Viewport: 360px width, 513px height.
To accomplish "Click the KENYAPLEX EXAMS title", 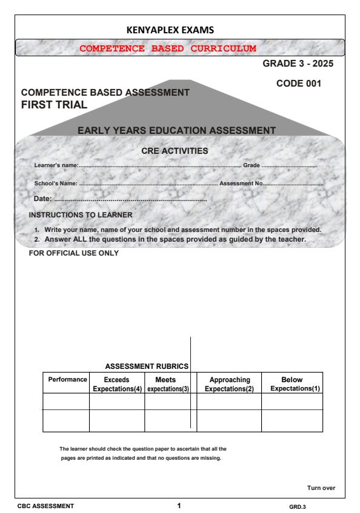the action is coord(179,29).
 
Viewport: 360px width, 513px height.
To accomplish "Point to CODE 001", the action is coord(299,84).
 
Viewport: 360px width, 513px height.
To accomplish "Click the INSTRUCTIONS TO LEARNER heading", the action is coord(81,214).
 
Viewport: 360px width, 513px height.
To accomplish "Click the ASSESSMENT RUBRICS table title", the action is coord(147,366).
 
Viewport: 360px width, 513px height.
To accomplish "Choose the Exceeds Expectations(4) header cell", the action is coord(116,383).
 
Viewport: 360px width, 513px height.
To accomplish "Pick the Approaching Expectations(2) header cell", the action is coord(229,383).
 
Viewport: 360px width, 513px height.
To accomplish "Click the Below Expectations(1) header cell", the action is coord(295,383).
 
